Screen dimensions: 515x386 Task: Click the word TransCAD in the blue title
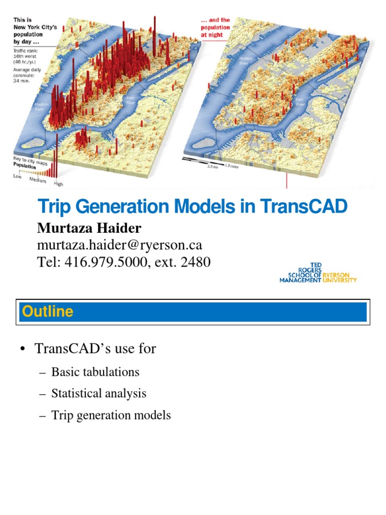point(304,207)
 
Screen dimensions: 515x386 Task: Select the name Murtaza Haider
point(89,228)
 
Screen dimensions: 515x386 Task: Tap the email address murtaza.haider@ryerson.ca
point(120,245)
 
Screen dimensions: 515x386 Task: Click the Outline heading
point(48,311)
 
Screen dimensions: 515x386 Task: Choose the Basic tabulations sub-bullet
point(95,372)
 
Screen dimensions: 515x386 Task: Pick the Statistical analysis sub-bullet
point(99,393)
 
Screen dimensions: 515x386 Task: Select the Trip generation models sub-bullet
point(111,415)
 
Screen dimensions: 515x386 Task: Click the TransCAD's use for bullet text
point(95,348)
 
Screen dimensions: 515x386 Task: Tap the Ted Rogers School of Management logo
point(318,273)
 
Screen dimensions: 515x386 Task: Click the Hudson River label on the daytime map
point(41,107)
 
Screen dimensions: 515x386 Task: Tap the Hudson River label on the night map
point(245,61)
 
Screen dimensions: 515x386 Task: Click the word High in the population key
point(59,184)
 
